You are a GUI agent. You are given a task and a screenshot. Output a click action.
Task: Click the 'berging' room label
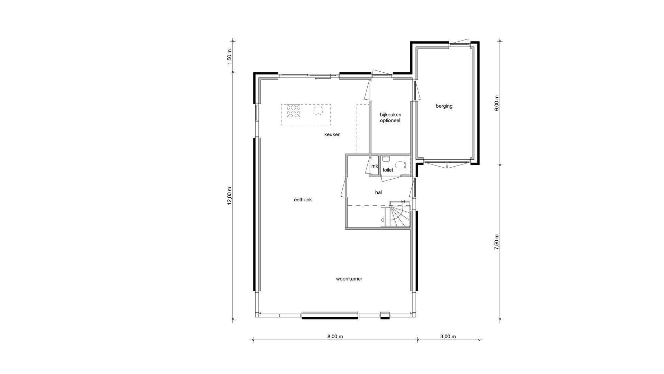444,106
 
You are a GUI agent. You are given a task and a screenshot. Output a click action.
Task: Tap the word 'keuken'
332,134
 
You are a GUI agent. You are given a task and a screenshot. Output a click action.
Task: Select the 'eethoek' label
303,199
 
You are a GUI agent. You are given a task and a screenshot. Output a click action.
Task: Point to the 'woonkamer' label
349,279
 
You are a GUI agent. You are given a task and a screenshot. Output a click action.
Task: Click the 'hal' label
378,192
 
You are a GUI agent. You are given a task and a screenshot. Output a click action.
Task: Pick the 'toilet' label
388,170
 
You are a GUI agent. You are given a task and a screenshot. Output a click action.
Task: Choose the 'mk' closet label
375,166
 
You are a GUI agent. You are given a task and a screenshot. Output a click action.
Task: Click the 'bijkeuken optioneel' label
390,117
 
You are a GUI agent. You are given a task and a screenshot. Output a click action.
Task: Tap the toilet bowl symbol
400,165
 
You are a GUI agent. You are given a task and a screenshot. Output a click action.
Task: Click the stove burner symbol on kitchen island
294,111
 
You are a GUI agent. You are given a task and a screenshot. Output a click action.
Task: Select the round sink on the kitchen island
318,110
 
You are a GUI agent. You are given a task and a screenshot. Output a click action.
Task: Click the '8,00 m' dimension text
335,337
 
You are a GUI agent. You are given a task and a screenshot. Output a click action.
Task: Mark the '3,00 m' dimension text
448,337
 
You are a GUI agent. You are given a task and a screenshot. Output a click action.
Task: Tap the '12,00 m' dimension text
230,196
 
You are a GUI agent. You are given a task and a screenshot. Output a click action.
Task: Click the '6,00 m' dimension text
497,103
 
